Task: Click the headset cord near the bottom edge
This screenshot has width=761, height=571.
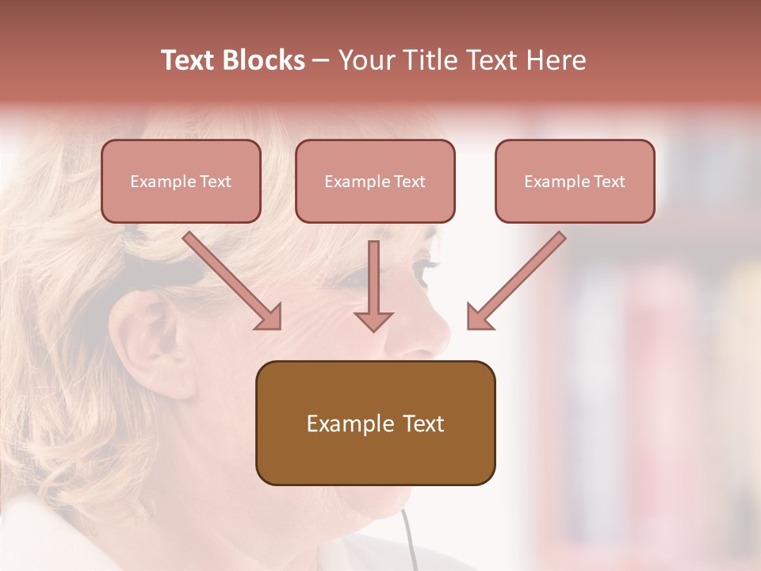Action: [409, 539]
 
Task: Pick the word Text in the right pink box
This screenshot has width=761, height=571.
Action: [609, 182]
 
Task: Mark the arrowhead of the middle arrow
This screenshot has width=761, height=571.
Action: [373, 320]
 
